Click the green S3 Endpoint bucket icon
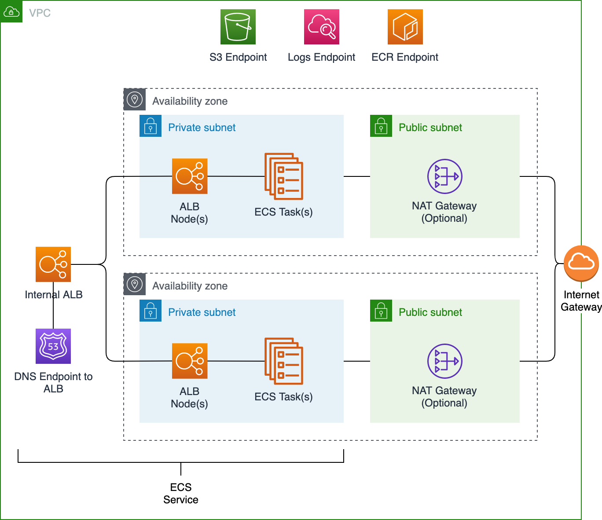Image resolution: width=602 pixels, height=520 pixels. coord(238,27)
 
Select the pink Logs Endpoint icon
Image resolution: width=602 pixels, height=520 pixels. coord(322,27)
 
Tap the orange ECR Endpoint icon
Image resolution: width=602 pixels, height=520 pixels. coord(405,27)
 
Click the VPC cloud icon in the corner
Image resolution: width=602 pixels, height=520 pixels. coord(11,11)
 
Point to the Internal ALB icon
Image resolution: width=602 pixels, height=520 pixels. coord(53,264)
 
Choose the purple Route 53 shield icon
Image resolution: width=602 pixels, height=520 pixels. coord(53,346)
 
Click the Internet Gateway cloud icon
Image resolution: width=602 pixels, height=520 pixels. coord(581,263)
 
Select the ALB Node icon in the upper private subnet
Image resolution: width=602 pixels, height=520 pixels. coord(190,176)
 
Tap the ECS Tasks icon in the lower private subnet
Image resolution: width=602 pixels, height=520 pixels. coord(284,361)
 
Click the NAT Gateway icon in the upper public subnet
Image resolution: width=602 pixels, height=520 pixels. coord(445,176)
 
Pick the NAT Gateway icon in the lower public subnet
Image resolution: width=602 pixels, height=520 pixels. coord(445,361)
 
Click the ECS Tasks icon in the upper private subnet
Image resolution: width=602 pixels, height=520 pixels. coord(284,176)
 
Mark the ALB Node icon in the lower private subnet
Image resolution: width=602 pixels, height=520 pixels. coord(190,361)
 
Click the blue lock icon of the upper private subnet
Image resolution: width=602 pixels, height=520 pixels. coord(150,126)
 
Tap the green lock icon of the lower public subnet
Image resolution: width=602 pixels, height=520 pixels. coord(381,311)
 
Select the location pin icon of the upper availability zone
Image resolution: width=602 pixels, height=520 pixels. coord(135,99)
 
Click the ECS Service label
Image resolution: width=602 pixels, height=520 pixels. coord(181,493)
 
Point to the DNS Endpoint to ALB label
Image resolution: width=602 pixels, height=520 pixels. coord(53,382)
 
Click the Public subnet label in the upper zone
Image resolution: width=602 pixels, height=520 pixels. coord(430,128)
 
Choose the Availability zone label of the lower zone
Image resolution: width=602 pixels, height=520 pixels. coord(190,286)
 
